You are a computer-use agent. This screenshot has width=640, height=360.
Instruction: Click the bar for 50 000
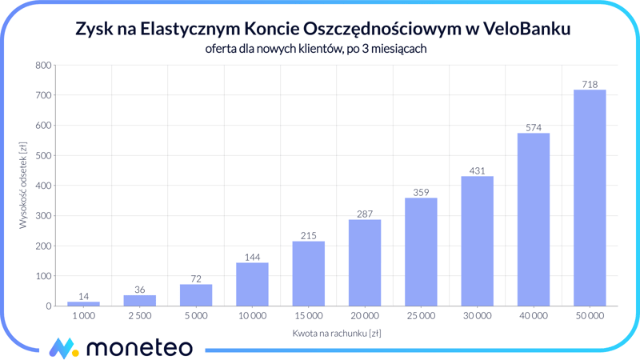tap(590, 198)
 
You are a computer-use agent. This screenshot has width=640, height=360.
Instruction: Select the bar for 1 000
tap(84, 303)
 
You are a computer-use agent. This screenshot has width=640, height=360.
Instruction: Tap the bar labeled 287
tap(365, 262)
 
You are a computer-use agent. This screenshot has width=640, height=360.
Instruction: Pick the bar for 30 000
tap(477, 241)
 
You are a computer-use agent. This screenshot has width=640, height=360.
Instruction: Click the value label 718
tap(590, 84)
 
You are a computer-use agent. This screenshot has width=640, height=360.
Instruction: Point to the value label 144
tap(252, 257)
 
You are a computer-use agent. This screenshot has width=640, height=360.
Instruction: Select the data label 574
tap(534, 127)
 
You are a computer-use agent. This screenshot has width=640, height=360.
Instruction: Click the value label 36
tap(140, 290)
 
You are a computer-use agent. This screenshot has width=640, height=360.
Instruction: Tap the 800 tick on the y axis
tap(43, 66)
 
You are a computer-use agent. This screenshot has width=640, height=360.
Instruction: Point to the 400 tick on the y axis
tap(43, 186)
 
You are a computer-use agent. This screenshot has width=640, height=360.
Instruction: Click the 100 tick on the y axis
tap(43, 276)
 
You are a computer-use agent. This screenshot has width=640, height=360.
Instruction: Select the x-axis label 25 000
tap(421, 316)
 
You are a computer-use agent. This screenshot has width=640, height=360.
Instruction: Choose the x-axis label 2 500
tap(140, 316)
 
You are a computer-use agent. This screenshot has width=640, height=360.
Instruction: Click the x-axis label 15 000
tap(308, 316)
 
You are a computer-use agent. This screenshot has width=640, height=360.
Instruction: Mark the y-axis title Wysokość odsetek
tap(23, 186)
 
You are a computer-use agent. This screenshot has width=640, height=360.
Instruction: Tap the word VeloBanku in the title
tap(528, 29)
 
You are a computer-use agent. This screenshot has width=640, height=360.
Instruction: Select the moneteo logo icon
tap(63, 348)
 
